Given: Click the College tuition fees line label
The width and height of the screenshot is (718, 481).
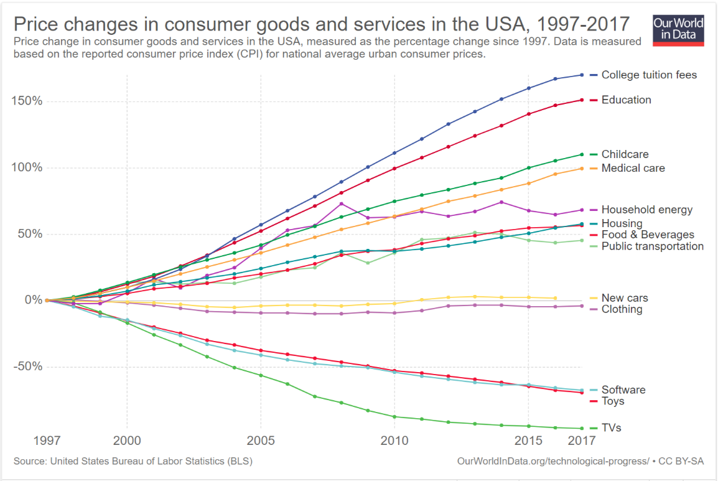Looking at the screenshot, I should click(x=649, y=75).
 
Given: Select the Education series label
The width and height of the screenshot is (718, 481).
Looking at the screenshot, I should click(x=626, y=100).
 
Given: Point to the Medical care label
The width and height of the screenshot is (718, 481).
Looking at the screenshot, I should click(x=633, y=168).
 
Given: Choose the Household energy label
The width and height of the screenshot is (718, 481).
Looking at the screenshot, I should click(x=646, y=210).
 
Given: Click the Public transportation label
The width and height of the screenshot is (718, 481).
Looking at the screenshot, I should click(x=652, y=246).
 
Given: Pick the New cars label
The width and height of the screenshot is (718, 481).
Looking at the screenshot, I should click(x=625, y=298).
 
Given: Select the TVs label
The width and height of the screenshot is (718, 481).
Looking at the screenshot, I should click(x=611, y=427).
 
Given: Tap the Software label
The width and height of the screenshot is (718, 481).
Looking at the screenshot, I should click(x=623, y=390).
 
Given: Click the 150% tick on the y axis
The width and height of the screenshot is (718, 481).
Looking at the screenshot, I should click(x=27, y=101).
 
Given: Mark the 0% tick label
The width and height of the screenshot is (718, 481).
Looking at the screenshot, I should click(x=32, y=300).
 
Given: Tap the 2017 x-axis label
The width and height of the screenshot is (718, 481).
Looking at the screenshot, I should click(x=581, y=441).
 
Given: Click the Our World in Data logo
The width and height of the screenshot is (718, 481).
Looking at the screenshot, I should click(x=678, y=29).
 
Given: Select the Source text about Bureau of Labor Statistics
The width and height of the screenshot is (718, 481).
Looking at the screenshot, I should click(x=133, y=461).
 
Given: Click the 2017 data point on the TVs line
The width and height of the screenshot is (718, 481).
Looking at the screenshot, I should click(x=580, y=428).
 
